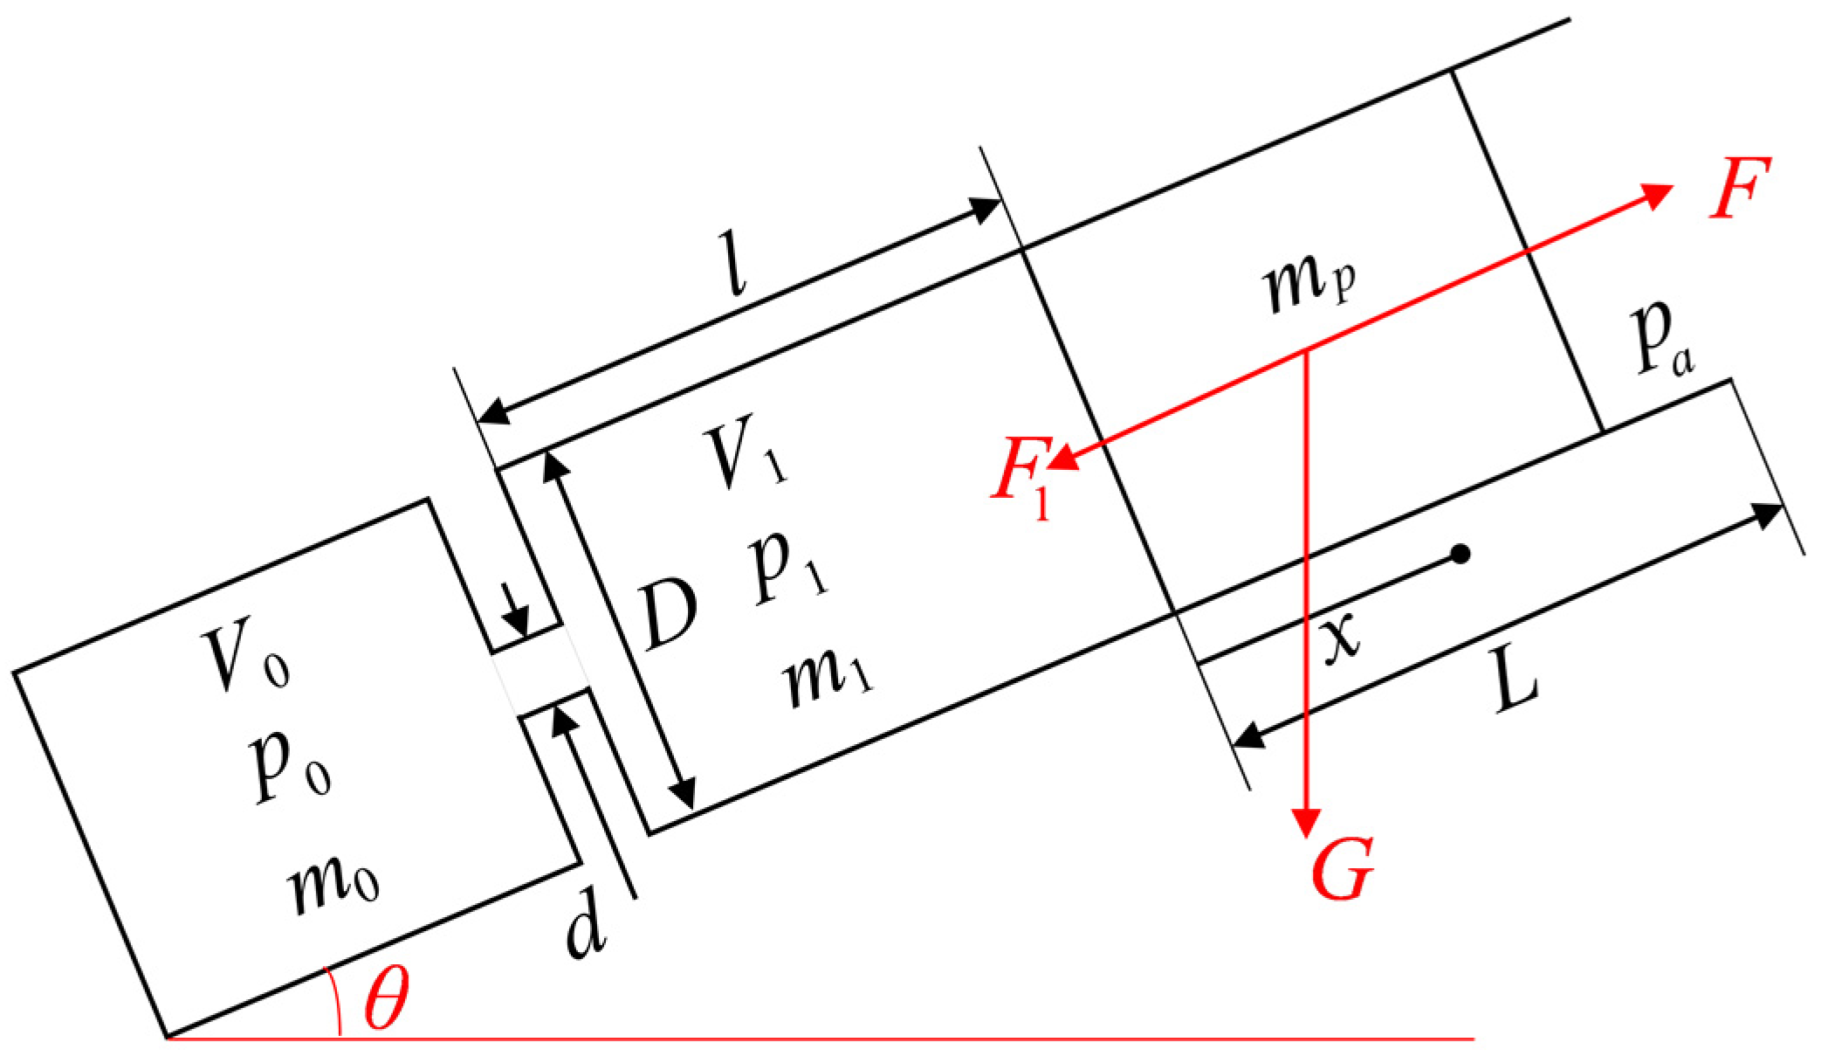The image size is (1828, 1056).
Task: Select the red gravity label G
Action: [x=1342, y=871]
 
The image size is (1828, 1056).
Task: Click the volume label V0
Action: [x=244, y=659]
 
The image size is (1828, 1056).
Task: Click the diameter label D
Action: [x=668, y=616]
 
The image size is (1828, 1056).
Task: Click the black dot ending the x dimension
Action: [x=1461, y=553]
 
